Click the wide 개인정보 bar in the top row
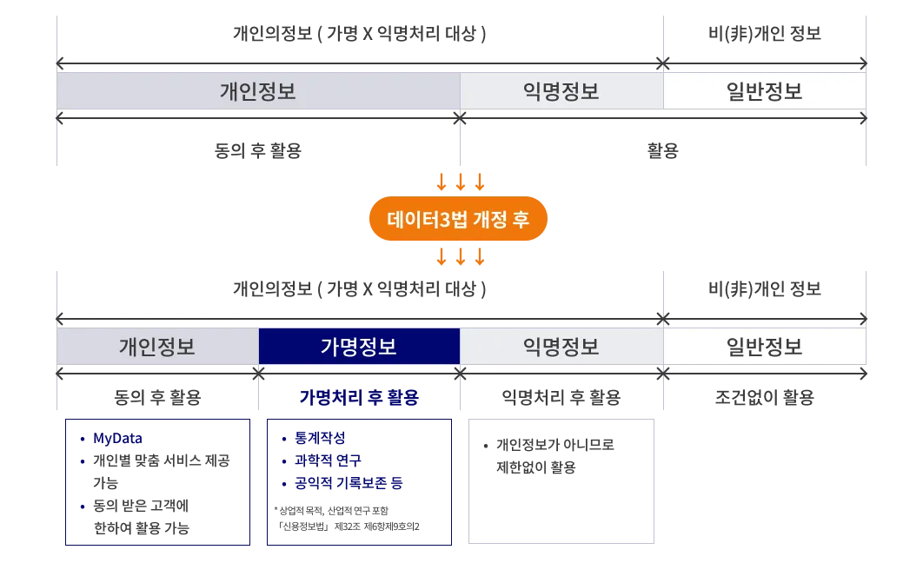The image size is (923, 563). click(x=258, y=91)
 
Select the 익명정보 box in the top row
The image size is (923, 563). click(x=561, y=91)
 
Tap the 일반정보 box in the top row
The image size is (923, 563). click(x=765, y=91)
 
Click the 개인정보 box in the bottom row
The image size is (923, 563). click(x=157, y=347)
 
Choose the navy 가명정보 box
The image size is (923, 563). click(x=359, y=347)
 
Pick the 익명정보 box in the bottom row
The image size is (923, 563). click(x=561, y=347)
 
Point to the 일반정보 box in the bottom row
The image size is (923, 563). click(x=765, y=347)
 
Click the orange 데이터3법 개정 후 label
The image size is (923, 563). click(x=458, y=220)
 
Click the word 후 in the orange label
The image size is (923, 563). click(x=520, y=220)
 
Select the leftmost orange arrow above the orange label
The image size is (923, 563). click(x=441, y=182)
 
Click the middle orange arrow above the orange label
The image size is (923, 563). click(x=461, y=182)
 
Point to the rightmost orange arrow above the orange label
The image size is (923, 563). click(x=480, y=182)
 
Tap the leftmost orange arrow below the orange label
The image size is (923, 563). click(x=441, y=257)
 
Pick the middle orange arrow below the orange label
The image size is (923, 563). click(x=461, y=257)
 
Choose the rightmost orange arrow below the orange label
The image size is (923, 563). click(x=480, y=257)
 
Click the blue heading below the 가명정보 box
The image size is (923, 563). click(x=359, y=399)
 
